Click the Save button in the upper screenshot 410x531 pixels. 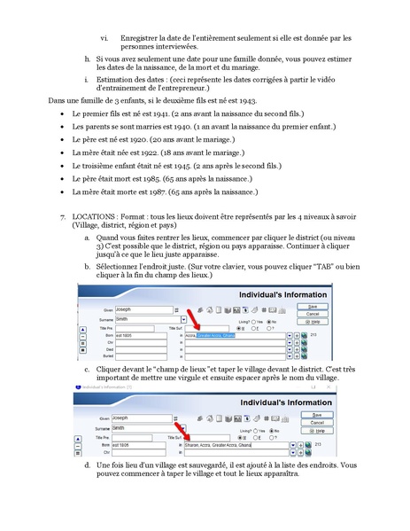point(312,306)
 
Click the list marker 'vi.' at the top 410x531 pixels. point(104,37)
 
